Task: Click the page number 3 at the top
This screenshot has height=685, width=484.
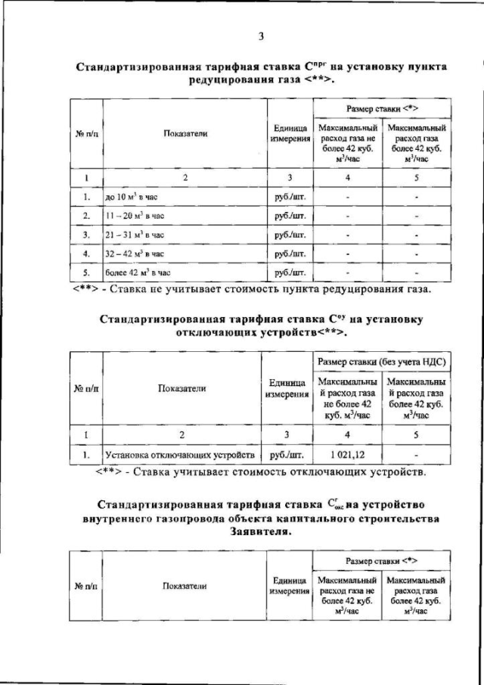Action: pos(259,36)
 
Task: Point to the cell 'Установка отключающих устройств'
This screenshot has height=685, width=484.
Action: pos(181,455)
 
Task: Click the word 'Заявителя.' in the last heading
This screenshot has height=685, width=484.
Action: pos(259,531)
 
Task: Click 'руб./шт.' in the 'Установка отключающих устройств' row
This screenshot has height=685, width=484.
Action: pos(286,455)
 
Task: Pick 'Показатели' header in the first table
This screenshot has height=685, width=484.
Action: pos(185,134)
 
